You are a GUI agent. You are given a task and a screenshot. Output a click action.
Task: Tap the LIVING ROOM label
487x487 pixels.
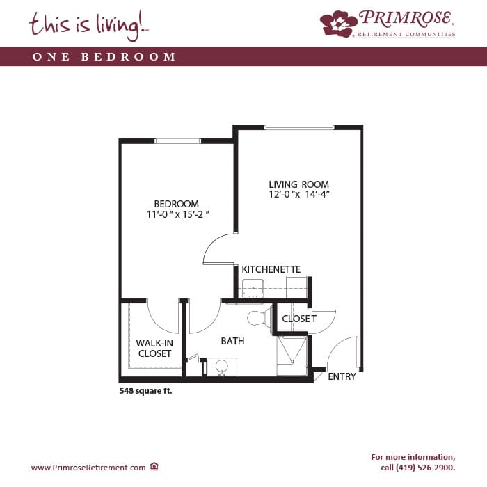click(298, 184)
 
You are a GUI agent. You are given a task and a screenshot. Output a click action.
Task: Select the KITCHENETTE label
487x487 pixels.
click(271, 269)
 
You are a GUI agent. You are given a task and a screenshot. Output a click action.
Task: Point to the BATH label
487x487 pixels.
click(232, 341)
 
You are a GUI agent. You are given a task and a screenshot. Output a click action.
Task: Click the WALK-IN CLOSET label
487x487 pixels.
click(154, 348)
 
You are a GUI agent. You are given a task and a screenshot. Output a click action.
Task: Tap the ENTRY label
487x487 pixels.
click(342, 376)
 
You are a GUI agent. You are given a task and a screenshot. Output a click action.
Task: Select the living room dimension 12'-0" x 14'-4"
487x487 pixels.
click(299, 195)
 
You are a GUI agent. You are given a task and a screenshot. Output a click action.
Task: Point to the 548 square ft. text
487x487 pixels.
click(145, 391)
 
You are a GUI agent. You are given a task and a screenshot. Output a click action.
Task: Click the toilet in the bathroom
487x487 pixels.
click(257, 319)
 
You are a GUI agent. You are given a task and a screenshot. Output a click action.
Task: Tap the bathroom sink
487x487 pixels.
click(222, 367)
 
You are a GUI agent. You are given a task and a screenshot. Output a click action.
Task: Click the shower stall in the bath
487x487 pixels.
click(292, 356)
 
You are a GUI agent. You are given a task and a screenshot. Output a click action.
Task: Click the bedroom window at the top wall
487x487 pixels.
click(177, 141)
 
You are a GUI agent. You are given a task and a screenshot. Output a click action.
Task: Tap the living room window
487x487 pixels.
click(299, 127)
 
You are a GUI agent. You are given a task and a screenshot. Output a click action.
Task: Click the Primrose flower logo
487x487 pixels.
click(338, 24)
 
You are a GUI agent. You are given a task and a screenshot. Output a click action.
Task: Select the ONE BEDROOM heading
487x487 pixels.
click(104, 56)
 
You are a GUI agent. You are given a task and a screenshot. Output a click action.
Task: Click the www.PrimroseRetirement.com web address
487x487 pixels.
click(88, 467)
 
